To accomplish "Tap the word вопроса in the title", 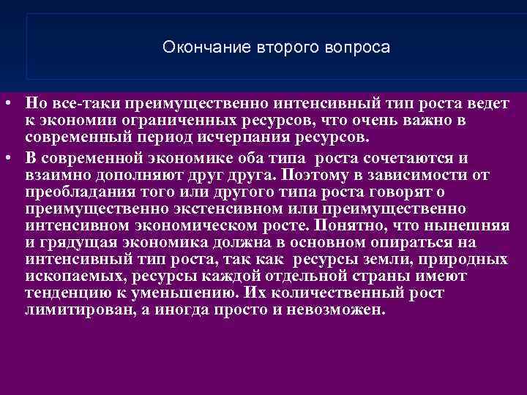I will tap(357, 48).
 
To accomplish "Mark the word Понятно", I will tap(354, 227).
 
